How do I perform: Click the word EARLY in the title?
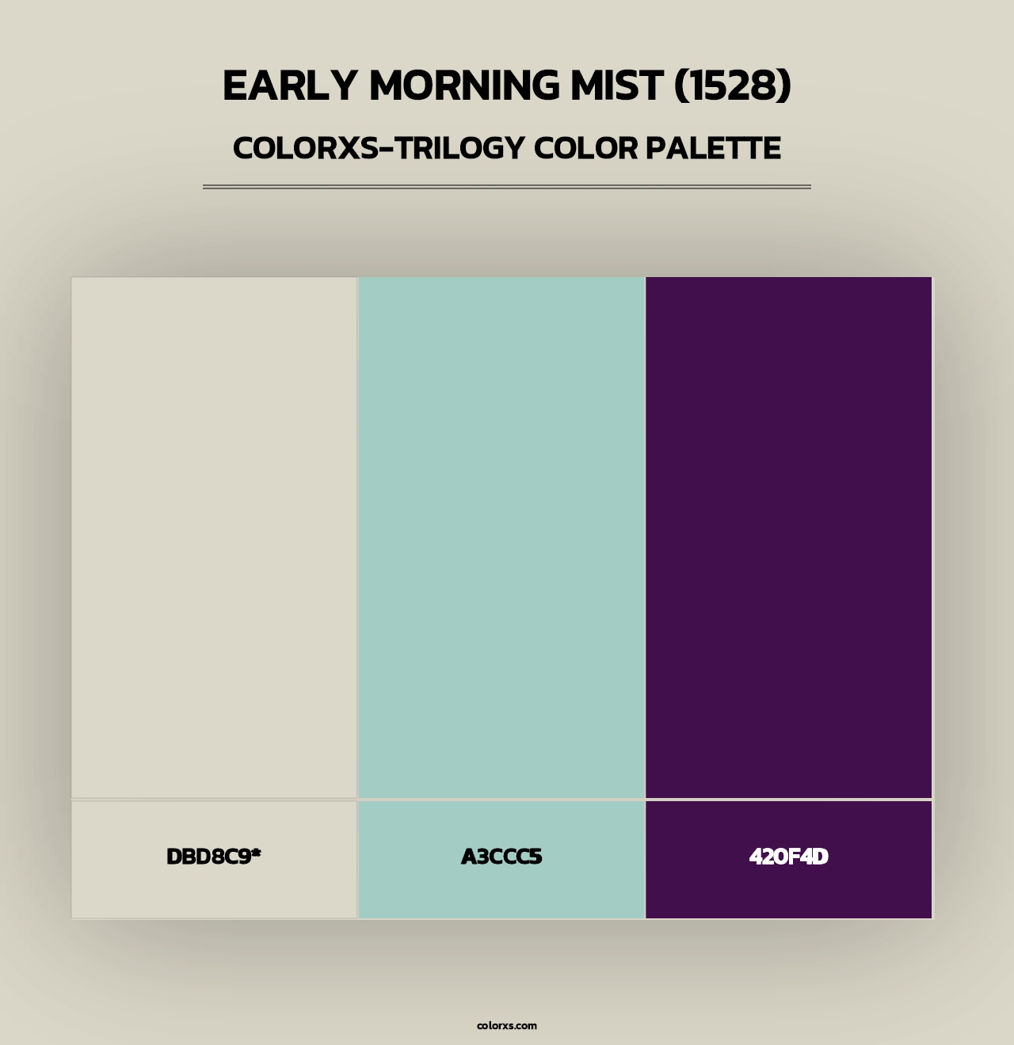pyautogui.click(x=290, y=85)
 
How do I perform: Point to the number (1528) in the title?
pyautogui.click(x=732, y=85)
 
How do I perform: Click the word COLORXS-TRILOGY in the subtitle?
pyautogui.click(x=379, y=148)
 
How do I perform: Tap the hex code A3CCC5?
pyautogui.click(x=501, y=857)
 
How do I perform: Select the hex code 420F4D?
pyautogui.click(x=789, y=857)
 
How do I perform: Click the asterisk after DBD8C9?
pyautogui.click(x=257, y=853)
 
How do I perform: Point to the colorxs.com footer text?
pyautogui.click(x=507, y=1025)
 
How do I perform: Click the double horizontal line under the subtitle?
pyautogui.click(x=507, y=187)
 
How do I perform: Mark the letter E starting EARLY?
pyautogui.click(x=234, y=85)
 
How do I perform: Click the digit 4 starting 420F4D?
pyautogui.click(x=757, y=857)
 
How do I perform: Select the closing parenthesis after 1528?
pyautogui.click(x=784, y=85)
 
